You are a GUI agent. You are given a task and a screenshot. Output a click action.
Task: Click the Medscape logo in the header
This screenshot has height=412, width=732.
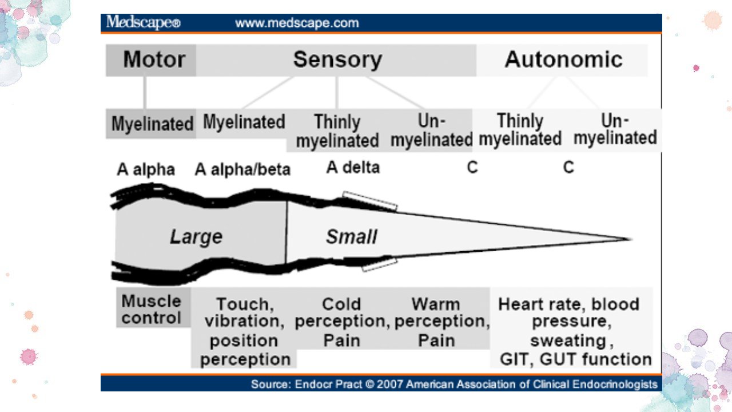click(x=143, y=22)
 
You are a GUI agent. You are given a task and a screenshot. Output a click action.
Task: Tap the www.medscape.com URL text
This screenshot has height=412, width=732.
click(x=297, y=23)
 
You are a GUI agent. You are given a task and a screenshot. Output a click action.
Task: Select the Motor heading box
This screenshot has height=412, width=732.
click(x=151, y=60)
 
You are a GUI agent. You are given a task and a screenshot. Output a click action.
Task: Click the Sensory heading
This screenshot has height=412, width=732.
click(x=337, y=60)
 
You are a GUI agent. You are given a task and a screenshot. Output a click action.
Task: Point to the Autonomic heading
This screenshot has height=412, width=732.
click(x=564, y=60)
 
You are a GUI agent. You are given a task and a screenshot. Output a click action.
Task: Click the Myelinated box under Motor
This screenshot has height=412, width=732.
click(x=151, y=124)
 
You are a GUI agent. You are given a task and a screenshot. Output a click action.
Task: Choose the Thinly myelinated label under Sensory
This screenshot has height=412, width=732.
click(x=337, y=131)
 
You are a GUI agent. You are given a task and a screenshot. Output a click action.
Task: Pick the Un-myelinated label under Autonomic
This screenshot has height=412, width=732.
click(x=615, y=129)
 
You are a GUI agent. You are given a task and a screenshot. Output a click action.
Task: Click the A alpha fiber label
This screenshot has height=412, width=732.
click(x=146, y=170)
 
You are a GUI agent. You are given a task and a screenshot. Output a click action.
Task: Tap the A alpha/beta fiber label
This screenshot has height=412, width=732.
click(x=242, y=170)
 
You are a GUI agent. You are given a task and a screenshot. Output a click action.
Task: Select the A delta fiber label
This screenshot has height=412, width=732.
click(x=353, y=168)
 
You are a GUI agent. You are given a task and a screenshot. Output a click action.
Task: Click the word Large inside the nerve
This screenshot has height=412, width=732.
click(x=196, y=237)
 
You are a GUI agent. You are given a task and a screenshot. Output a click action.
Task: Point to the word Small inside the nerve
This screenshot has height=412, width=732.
click(x=352, y=236)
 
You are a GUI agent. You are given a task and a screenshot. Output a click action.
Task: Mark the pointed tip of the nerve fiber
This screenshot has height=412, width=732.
click(x=631, y=239)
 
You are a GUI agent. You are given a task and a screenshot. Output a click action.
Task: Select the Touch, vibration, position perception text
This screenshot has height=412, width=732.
click(x=245, y=331)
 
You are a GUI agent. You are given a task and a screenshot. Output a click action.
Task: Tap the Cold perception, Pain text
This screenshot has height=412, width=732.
click(x=342, y=322)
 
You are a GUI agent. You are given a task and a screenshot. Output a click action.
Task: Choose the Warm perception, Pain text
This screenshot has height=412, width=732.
click(x=442, y=322)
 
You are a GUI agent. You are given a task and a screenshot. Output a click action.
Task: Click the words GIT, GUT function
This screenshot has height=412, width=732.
click(x=576, y=359)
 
